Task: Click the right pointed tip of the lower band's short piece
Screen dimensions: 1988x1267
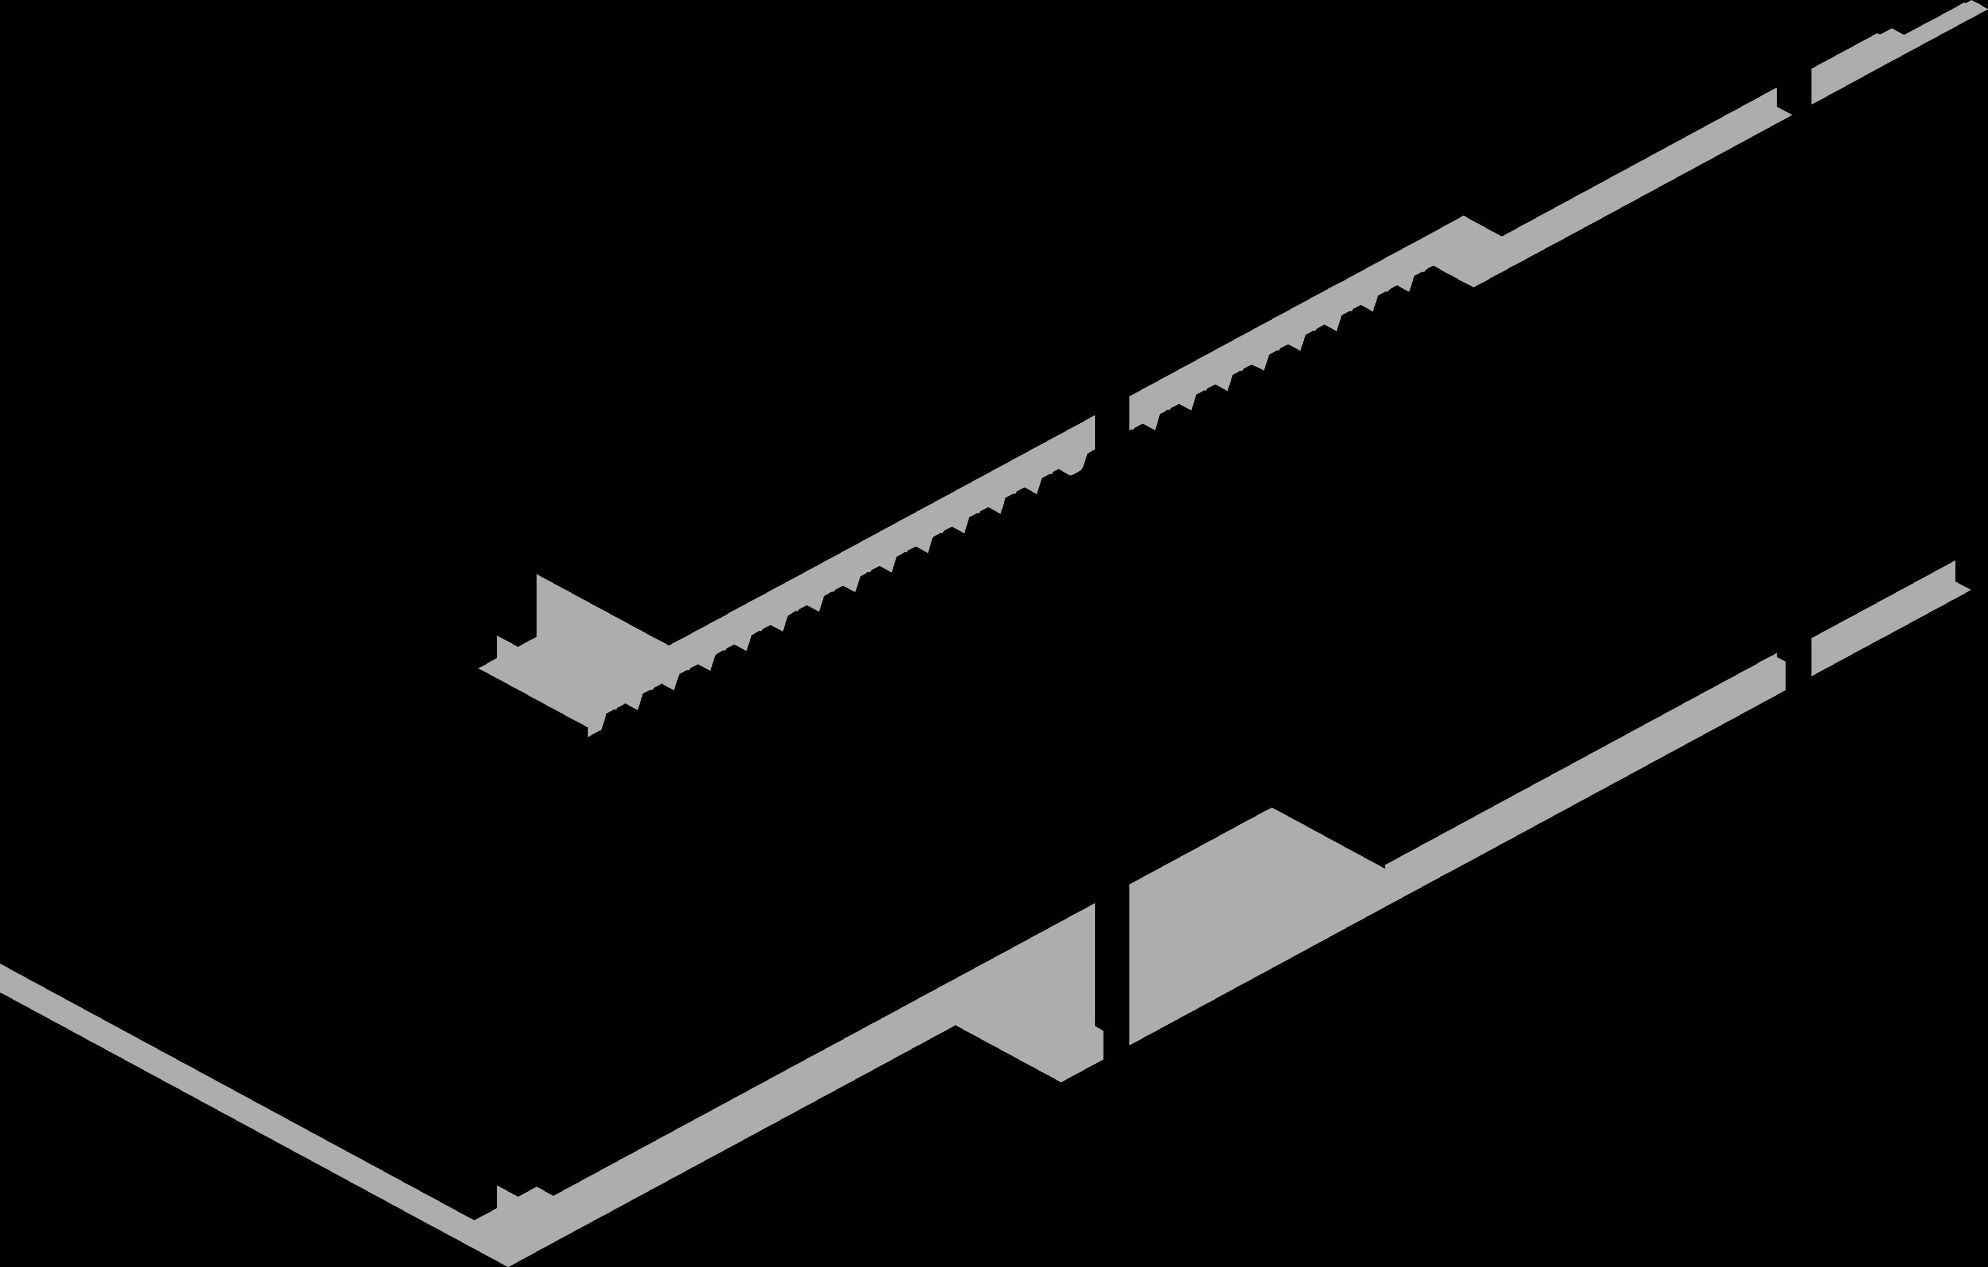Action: click(1970, 590)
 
